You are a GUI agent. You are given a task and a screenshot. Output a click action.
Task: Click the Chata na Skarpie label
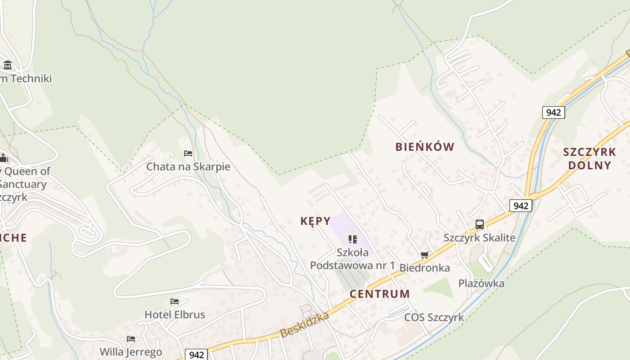(188, 167)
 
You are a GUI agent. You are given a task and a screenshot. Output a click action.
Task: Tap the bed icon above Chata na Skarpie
(188, 153)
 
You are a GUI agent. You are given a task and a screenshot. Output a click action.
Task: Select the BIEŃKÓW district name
(425, 147)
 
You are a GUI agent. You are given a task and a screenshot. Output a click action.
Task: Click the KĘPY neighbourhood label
(315, 221)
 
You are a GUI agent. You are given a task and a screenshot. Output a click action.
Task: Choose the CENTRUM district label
(380, 294)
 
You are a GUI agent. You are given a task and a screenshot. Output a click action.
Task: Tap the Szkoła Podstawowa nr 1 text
(352, 259)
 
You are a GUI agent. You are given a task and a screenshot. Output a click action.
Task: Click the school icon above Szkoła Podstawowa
(352, 239)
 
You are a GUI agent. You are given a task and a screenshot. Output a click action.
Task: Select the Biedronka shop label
(425, 268)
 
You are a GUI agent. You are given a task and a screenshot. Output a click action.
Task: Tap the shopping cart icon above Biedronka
(424, 255)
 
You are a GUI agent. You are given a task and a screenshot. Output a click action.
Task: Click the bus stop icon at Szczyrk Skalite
(480, 224)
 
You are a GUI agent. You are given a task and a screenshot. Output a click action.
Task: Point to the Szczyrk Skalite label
(480, 238)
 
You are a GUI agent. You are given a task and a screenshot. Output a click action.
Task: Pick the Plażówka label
(481, 283)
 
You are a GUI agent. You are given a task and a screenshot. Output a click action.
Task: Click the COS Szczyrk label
(434, 317)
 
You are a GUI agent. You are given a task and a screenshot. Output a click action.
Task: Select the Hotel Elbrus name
(175, 315)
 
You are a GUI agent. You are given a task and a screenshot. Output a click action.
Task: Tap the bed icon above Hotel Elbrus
(175, 301)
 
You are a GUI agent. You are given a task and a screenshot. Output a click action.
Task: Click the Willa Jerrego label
(130, 351)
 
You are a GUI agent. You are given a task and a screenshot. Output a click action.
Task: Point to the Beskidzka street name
(305, 325)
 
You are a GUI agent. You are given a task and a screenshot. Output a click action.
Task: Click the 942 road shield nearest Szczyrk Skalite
(521, 206)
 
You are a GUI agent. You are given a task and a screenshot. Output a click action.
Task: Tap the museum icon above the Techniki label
(7, 65)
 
